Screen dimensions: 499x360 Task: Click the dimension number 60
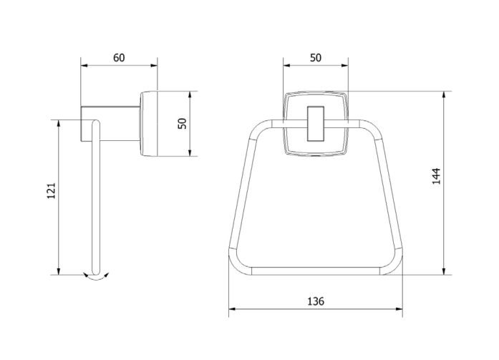[x=119, y=58]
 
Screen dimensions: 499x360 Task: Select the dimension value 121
[x=52, y=191]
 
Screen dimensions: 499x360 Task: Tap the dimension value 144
[x=436, y=176]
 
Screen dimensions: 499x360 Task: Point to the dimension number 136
[x=316, y=301]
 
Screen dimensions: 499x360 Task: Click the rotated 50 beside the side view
[x=183, y=123]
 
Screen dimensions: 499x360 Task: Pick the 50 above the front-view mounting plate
[x=316, y=58]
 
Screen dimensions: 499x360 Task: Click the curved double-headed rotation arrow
[x=96, y=276]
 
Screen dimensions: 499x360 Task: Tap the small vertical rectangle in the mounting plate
[x=316, y=123]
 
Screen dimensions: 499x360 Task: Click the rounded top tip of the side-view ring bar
[x=96, y=122]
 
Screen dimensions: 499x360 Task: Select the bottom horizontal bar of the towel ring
[x=316, y=271]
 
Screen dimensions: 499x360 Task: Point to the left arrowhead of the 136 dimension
[x=232, y=308]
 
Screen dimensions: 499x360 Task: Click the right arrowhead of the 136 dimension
[x=399, y=308]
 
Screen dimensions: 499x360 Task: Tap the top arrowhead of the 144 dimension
[x=444, y=94]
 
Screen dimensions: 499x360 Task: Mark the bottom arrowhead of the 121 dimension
[x=59, y=271]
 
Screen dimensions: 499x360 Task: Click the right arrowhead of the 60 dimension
[x=154, y=66]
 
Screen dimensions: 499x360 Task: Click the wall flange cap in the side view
[x=149, y=124]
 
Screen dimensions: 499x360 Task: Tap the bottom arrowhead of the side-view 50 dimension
[x=190, y=153]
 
